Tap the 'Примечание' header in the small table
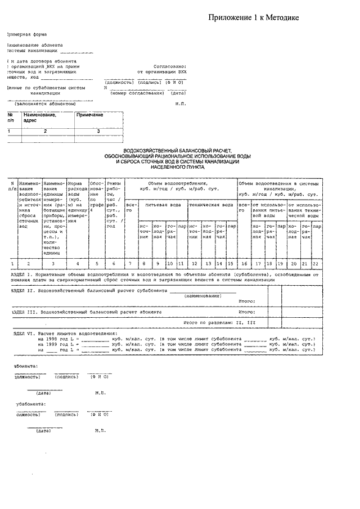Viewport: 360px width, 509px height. coord(89,115)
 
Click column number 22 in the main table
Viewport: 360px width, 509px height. coord(316,263)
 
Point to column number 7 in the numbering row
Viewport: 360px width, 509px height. coord(130,263)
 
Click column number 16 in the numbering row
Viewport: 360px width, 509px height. coord(244,263)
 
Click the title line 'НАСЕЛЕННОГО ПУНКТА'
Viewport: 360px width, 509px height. coord(178,167)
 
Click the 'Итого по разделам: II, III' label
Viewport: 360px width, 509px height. coord(219,323)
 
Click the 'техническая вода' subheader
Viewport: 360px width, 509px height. coord(211,205)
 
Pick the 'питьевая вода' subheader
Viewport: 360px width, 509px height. coord(163,205)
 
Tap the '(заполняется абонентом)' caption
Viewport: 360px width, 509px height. coord(45,103)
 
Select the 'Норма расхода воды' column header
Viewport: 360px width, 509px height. coord(77,199)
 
